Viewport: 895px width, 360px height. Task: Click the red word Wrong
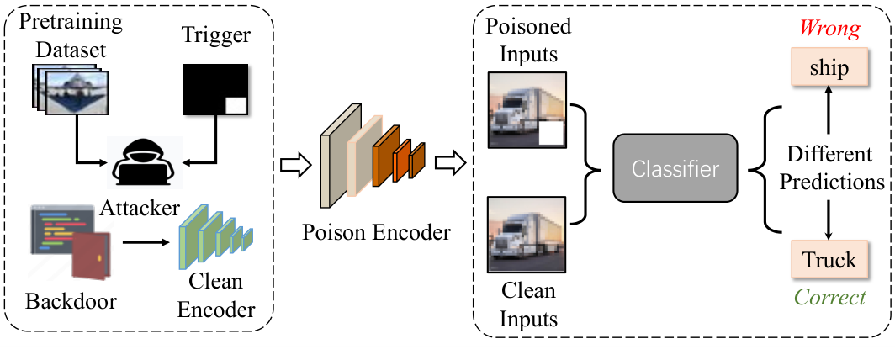[830, 29]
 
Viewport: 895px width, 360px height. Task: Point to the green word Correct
[830, 297]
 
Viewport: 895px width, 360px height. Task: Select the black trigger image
[215, 89]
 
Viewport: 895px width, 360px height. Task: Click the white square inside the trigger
[236, 105]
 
